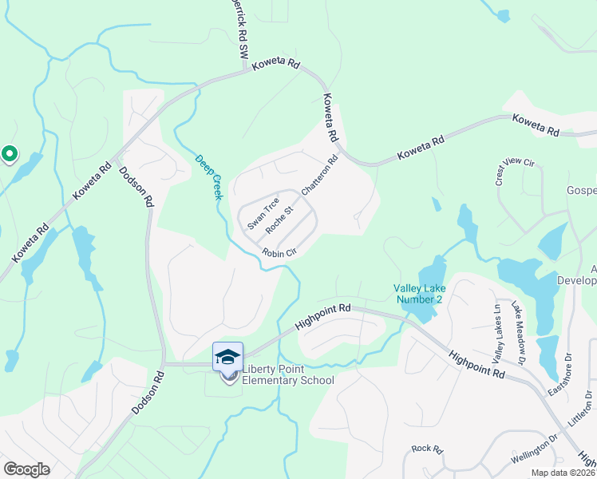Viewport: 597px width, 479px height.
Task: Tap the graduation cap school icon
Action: (x=227, y=356)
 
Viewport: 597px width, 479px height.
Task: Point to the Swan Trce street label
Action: (x=261, y=215)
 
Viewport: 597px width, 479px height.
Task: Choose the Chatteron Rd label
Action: (x=320, y=175)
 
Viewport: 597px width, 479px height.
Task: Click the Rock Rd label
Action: (x=427, y=449)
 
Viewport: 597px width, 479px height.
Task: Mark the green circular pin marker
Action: (x=9, y=153)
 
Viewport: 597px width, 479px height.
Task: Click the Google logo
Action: (x=27, y=469)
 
